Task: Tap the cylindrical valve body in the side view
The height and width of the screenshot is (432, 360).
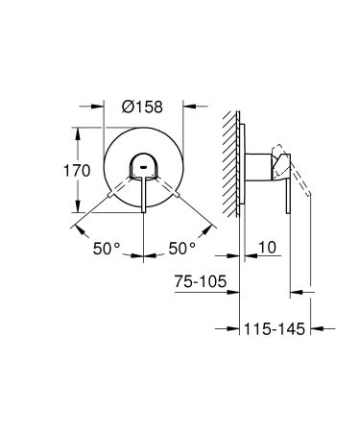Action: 261,164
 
